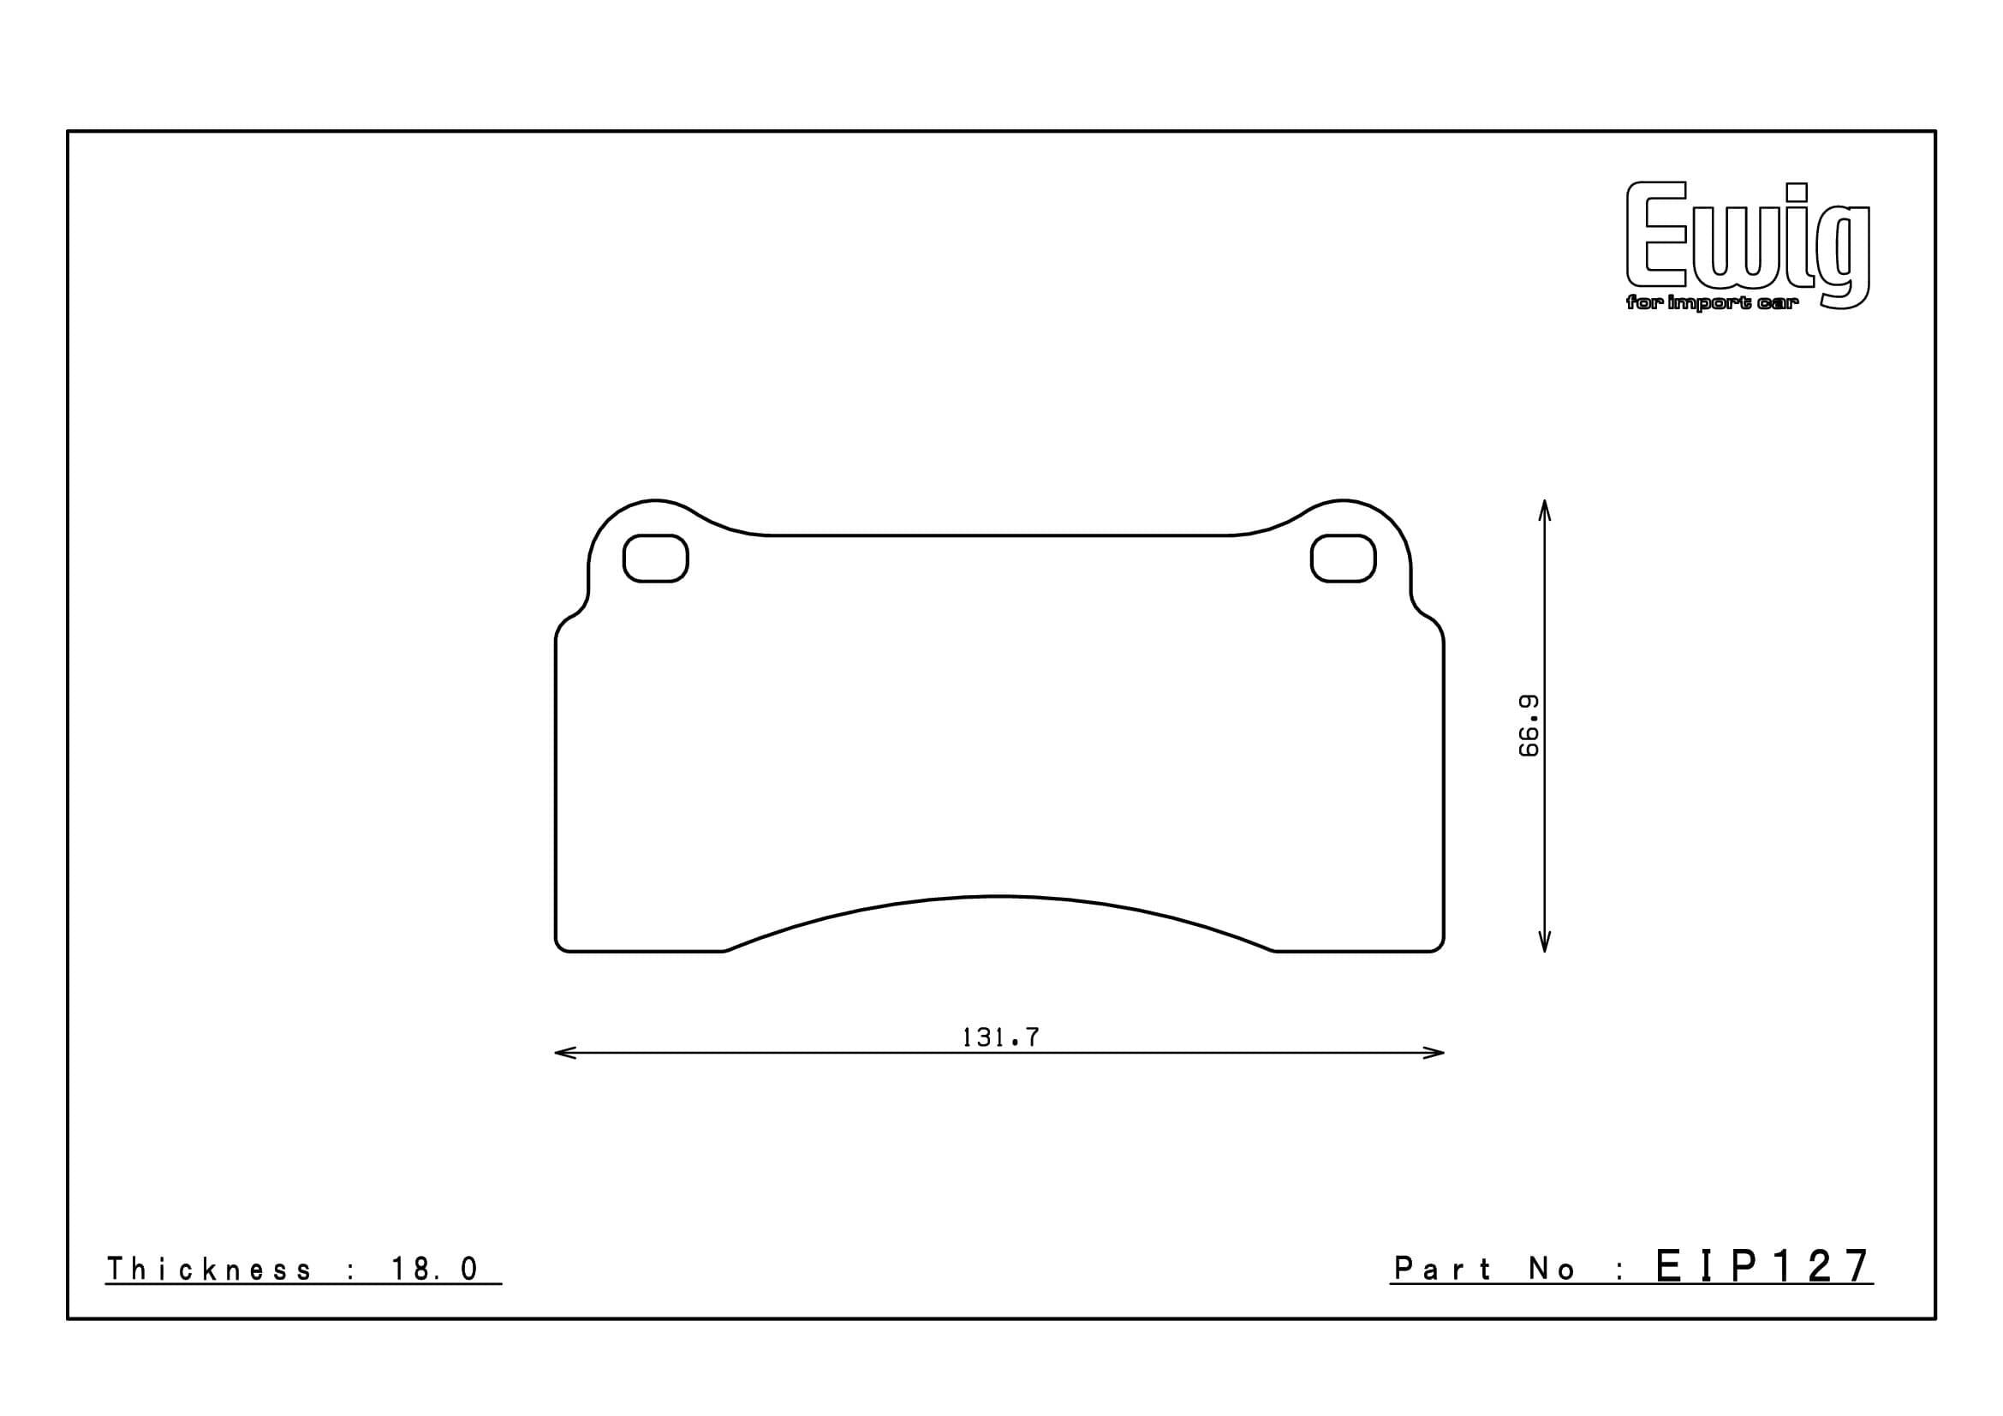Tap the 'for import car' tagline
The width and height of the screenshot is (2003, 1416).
tap(1712, 303)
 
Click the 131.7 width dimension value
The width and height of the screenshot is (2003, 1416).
tap(999, 1037)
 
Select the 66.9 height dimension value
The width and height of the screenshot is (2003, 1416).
tap(1529, 726)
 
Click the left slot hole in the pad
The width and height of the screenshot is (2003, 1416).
tap(655, 559)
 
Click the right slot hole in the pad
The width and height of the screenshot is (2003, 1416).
tap(1343, 559)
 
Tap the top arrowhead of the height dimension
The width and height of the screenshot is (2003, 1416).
tap(1544, 509)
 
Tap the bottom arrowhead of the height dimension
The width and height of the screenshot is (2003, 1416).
tap(1544, 943)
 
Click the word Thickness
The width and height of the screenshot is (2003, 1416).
tap(208, 1270)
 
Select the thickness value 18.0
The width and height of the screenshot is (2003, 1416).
tap(433, 1270)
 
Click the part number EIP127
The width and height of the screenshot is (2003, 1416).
tap(1762, 1266)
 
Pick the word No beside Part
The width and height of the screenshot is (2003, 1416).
tap(1552, 1270)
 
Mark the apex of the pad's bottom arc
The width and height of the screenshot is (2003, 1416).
tap(997, 896)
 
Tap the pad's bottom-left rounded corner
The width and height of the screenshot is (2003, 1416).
tap(560, 946)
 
